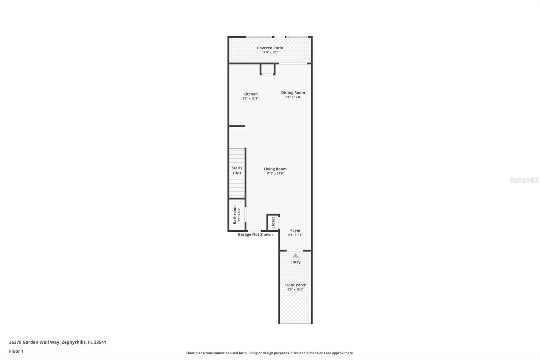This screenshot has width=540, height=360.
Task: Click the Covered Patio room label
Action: tap(270, 48)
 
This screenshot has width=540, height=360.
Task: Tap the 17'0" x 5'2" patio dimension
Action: tap(270, 52)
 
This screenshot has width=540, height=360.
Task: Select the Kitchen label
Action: tap(250, 94)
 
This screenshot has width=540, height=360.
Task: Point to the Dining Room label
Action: tap(293, 93)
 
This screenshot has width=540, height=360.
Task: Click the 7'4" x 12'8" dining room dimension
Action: tap(293, 97)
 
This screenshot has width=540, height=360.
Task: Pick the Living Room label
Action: tap(275, 169)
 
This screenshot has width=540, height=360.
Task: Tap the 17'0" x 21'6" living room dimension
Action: tap(275, 174)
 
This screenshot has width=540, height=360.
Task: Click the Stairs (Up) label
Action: tap(237, 170)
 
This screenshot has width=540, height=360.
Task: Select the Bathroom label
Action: tap(235, 215)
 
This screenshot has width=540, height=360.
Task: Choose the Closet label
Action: tap(273, 223)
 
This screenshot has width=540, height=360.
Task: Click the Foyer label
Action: tap(295, 230)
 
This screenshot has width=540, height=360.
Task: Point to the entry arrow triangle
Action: tap(295, 256)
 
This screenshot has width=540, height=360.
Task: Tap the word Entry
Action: tap(295, 262)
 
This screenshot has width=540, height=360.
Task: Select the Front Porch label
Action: tap(295, 285)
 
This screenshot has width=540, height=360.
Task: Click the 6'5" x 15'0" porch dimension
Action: tap(295, 289)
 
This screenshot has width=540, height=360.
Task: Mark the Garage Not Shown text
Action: tap(255, 234)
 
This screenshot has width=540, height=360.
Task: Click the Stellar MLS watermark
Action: tap(524, 180)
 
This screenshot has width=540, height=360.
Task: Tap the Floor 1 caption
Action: tap(16, 351)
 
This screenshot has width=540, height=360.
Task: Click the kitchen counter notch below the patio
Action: tap(268, 69)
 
